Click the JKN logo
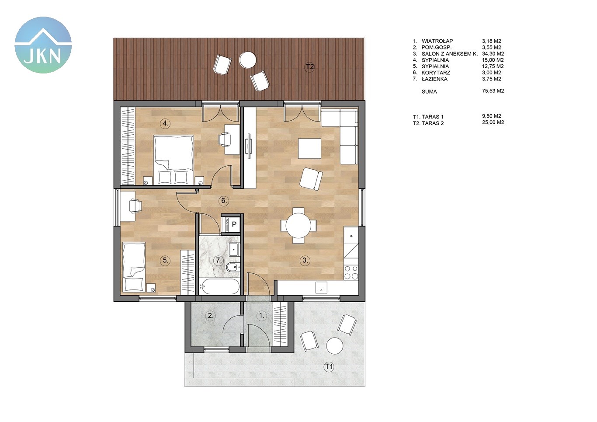(x=43, y=45)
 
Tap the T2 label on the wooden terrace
(x=309, y=66)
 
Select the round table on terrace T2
(x=248, y=60)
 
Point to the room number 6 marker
(x=224, y=201)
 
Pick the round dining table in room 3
(x=298, y=225)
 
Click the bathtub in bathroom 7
(x=219, y=287)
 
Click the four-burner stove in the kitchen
(x=351, y=272)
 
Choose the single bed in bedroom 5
(x=134, y=267)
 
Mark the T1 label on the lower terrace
(x=329, y=366)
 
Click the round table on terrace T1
(x=335, y=346)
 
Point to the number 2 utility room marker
(x=211, y=316)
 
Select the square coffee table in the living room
(x=309, y=148)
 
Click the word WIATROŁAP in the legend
(x=437, y=41)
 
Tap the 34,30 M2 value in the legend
(x=493, y=54)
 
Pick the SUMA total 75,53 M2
(x=493, y=91)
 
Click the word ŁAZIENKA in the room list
(x=434, y=79)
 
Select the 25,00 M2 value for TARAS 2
(x=493, y=122)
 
